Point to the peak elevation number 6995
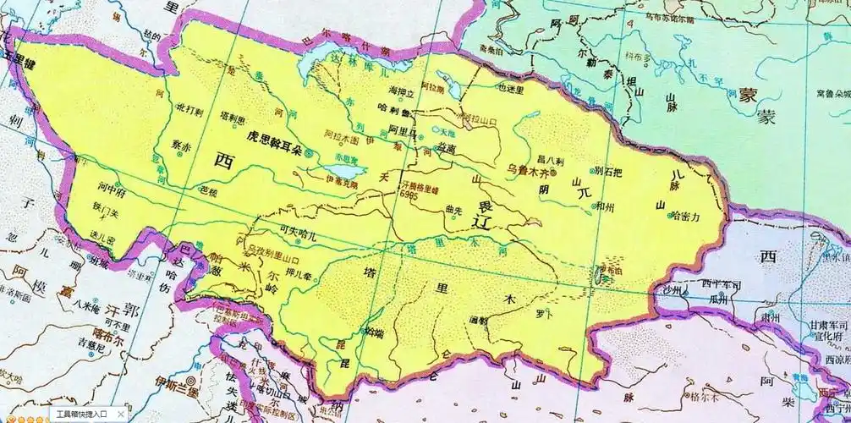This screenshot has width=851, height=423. tap(410, 194)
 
